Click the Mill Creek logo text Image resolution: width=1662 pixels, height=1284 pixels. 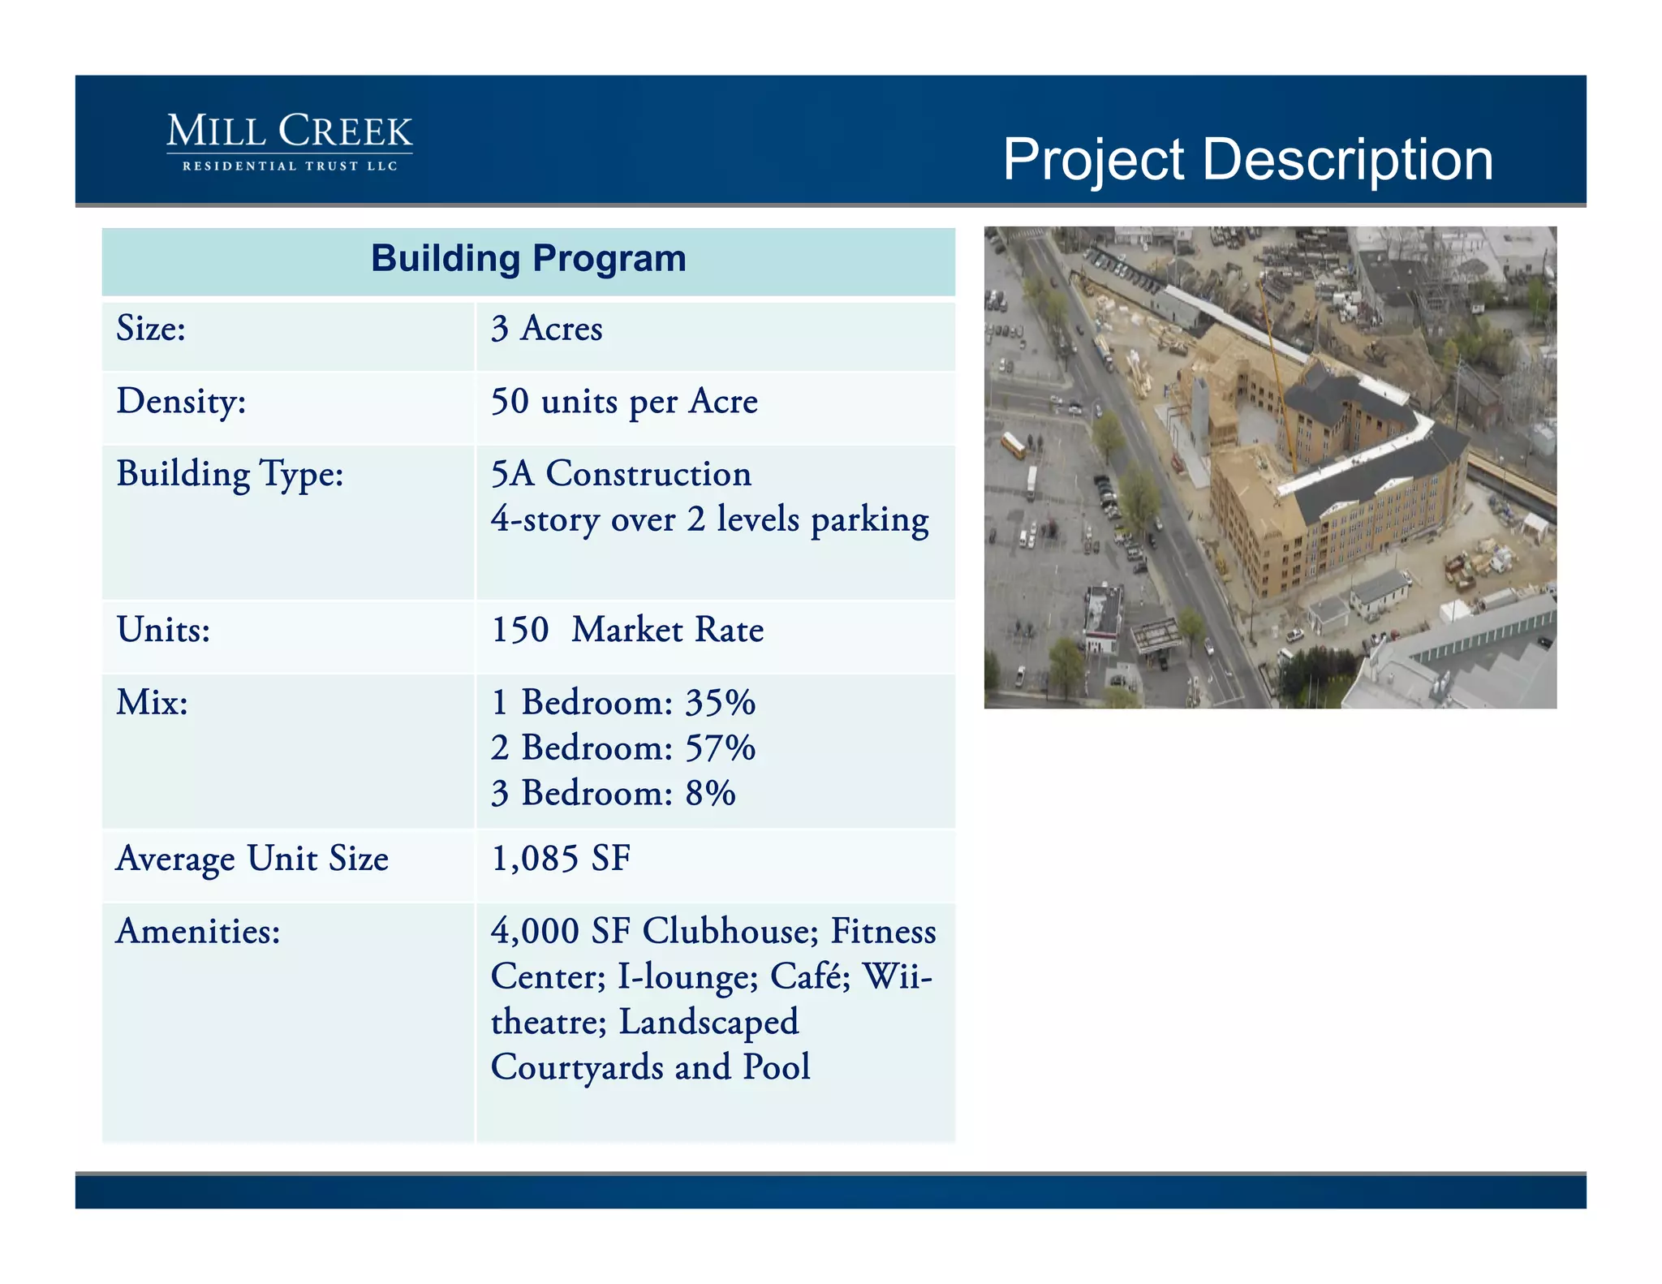click(290, 132)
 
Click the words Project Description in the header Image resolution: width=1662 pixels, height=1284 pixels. click(1247, 159)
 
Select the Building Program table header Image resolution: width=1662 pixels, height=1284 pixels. click(528, 260)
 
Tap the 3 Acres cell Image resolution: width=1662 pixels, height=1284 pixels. click(546, 330)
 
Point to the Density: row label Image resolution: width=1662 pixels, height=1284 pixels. click(181, 402)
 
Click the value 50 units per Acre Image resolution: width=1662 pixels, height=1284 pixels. click(624, 402)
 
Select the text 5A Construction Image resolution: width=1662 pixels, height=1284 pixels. click(621, 474)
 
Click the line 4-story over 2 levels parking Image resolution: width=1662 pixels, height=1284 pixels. click(709, 520)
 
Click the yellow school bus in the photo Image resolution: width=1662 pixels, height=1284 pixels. click(1014, 444)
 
